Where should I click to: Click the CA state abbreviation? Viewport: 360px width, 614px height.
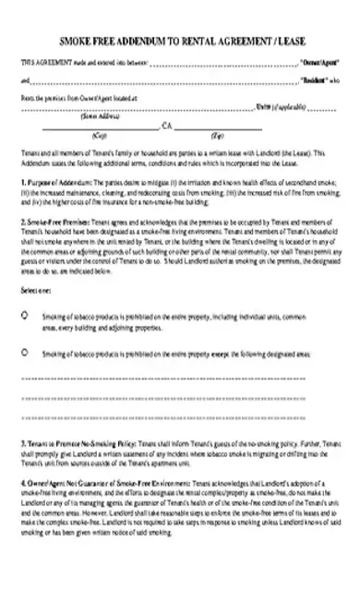tap(167, 126)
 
